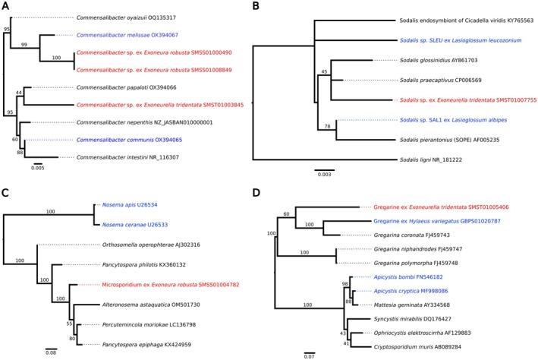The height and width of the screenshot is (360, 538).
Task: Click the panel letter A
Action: pyautogui.click(x=6, y=7)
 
